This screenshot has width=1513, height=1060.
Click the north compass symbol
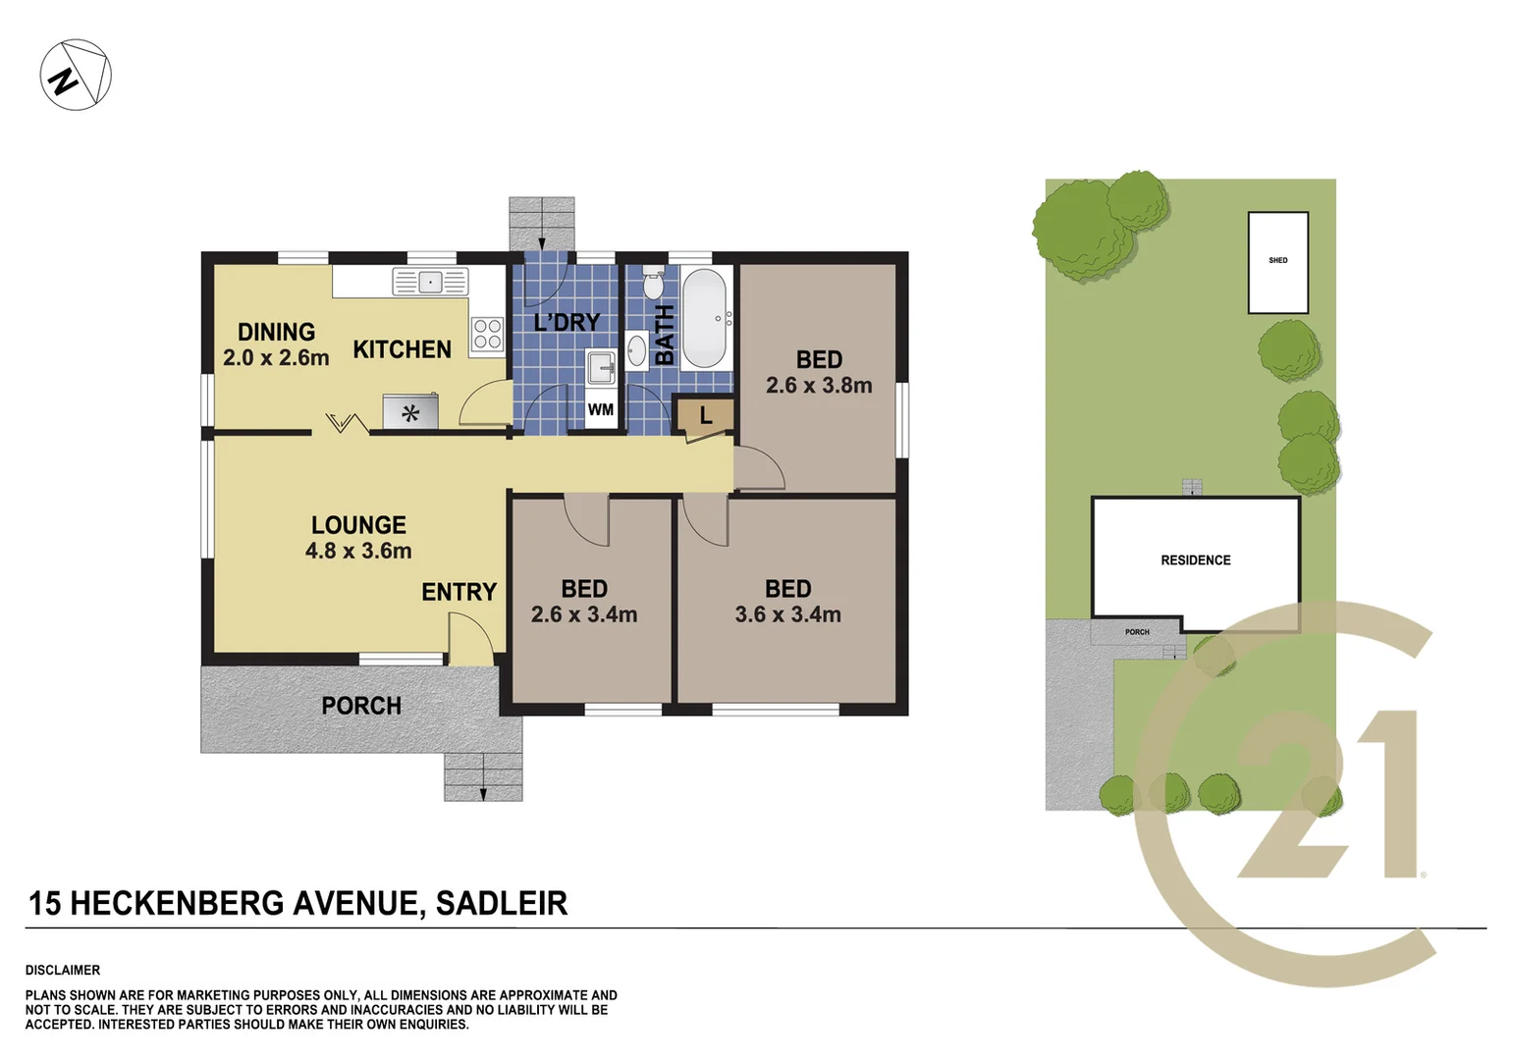[x=76, y=76]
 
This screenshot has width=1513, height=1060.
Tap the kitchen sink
[x=430, y=282]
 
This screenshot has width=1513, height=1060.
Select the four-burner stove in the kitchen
[x=487, y=334]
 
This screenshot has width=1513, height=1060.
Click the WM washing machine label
[x=600, y=409]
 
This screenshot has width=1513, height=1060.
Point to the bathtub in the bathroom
[x=704, y=318]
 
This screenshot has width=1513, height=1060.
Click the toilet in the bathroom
[x=653, y=283]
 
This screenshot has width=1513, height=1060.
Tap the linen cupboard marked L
[x=705, y=416]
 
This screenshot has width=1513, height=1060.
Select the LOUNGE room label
[x=358, y=525]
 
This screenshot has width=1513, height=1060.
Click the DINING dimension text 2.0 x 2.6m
[x=276, y=358]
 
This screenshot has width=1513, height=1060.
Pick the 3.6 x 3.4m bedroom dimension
[x=787, y=614]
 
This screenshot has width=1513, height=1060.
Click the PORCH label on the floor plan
[x=361, y=706]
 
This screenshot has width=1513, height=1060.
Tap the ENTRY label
[x=459, y=592]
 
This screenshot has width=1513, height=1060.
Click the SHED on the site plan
[x=1277, y=261]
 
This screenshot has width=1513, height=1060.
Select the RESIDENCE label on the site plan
[x=1195, y=560]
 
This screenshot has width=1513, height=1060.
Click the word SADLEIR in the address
[x=501, y=903]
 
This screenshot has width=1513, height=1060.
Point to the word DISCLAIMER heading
[x=63, y=970]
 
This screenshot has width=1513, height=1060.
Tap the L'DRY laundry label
[x=567, y=322]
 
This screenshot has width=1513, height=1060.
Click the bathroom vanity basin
[x=636, y=350]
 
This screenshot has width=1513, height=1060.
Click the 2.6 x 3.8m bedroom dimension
[x=819, y=386]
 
